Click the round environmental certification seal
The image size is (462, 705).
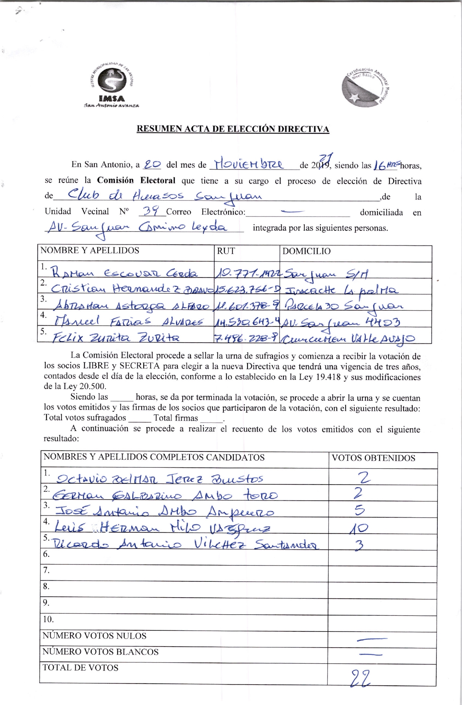pyautogui.click(x=365, y=87)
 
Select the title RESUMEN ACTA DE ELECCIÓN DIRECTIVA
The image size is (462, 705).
pyautogui.click(x=233, y=129)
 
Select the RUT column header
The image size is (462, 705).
pyautogui.click(x=226, y=251)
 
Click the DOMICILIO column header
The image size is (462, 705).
pyautogui.click(x=306, y=251)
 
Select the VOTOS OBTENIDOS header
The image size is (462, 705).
pyautogui.click(x=373, y=458)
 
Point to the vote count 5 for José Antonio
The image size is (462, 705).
pyautogui.click(x=359, y=510)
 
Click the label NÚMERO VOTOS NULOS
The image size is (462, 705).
pyautogui.click(x=95, y=636)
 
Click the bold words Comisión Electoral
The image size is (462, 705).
pyautogui.click(x=136, y=180)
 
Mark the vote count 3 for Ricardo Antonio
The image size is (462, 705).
pyautogui.click(x=359, y=545)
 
